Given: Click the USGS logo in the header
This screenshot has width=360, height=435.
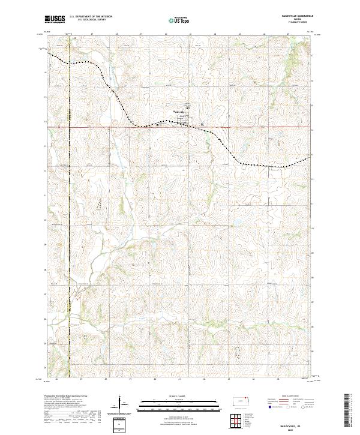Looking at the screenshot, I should pyautogui.click(x=55, y=20).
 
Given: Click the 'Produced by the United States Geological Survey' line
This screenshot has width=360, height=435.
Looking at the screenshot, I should pyautogui.click(x=65, y=397).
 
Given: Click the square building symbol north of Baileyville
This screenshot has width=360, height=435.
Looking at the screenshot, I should pyautogui.click(x=187, y=107).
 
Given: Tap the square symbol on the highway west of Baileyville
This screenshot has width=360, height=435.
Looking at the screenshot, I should pyautogui.click(x=158, y=125).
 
